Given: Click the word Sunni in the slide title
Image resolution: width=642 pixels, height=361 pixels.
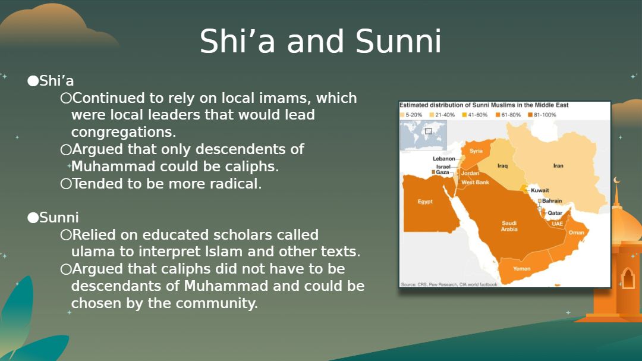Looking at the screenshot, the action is click(x=398, y=42).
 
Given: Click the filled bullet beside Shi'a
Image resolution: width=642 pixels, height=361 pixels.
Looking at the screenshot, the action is click(x=33, y=81).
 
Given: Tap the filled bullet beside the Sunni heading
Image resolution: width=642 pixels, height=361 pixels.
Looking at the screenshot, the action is click(x=33, y=217).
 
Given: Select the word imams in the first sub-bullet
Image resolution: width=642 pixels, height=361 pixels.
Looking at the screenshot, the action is click(x=266, y=98).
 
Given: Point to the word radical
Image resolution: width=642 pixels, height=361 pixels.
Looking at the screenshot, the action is click(x=235, y=184).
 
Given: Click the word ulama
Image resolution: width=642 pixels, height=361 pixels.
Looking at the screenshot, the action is click(x=93, y=251).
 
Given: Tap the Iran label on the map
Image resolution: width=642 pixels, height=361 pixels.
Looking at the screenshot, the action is click(x=558, y=166).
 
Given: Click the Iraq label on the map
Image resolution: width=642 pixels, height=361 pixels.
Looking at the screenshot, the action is click(x=502, y=166).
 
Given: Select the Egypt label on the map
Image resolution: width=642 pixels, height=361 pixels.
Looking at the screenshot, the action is click(x=425, y=202).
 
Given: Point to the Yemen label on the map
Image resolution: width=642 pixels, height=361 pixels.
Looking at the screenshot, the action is click(x=522, y=269).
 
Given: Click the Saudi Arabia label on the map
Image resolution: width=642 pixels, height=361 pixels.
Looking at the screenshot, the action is click(x=509, y=226).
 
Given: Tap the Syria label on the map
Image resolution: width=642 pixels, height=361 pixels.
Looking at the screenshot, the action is click(x=476, y=151).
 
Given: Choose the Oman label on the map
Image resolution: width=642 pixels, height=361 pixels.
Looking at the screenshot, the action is click(x=577, y=233).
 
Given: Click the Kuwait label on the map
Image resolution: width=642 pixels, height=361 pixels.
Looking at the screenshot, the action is click(x=540, y=190).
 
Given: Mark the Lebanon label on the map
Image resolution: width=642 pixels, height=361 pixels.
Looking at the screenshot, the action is click(x=444, y=159).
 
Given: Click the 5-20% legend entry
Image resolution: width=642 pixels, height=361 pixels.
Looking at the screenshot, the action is click(x=411, y=115).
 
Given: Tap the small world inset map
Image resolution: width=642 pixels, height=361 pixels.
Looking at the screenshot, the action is click(x=423, y=136).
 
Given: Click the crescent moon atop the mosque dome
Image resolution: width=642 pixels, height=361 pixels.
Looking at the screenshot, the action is click(x=616, y=180).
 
